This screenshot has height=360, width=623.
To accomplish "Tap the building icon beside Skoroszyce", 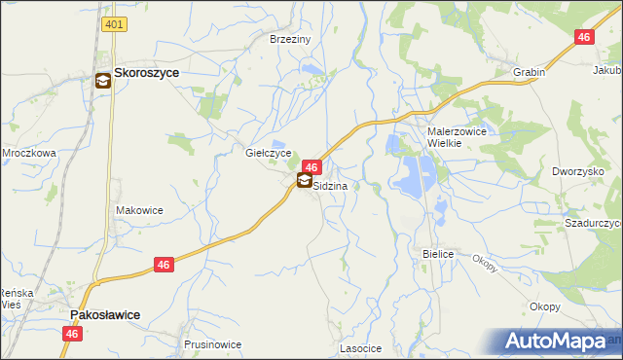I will (x=103, y=83).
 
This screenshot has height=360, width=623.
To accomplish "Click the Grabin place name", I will (x=529, y=72).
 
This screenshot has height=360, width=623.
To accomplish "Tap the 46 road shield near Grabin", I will (x=584, y=38).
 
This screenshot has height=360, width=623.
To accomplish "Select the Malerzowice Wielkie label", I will (x=457, y=136).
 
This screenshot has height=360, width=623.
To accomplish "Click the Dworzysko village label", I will (x=578, y=171).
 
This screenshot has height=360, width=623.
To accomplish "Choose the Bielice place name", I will (x=439, y=254).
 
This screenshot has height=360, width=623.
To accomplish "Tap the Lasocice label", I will (x=360, y=347).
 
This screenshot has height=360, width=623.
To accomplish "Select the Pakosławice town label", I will (x=105, y=315).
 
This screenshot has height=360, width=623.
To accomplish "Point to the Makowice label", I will (x=139, y=210).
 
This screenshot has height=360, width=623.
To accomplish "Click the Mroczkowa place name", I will (x=28, y=153).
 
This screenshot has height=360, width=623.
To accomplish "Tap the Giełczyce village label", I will (x=269, y=154).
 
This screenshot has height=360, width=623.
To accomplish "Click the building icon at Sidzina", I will (x=304, y=181).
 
